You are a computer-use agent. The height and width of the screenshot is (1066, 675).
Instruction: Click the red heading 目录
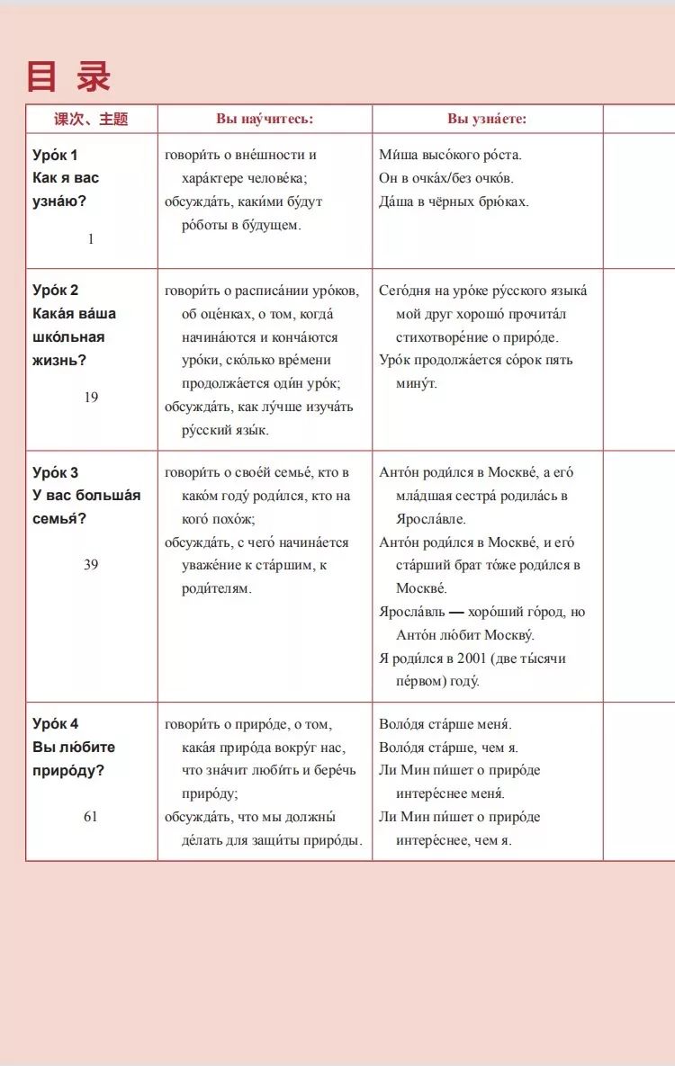coord(68,77)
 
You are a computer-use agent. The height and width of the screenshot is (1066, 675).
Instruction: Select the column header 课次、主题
coord(91,119)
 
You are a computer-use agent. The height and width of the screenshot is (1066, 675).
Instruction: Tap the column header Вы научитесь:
coord(265,119)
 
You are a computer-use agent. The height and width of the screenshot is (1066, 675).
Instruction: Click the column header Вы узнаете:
coord(487,119)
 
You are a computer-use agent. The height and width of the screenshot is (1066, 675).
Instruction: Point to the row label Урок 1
coord(55,155)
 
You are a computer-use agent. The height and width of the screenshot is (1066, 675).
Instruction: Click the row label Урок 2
coord(55,290)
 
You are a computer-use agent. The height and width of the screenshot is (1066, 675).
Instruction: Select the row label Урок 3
coord(55,472)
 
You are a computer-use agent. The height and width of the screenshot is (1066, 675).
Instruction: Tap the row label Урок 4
coord(55,723)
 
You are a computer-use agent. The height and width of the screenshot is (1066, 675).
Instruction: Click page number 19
coord(91,397)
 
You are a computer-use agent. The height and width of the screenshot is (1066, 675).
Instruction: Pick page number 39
coord(91,564)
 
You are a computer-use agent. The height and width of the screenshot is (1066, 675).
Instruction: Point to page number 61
coord(91,816)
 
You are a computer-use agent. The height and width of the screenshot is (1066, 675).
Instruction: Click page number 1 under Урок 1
coord(91,238)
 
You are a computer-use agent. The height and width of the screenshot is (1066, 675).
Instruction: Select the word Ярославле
coord(431,519)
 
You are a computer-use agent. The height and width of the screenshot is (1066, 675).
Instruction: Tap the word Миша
coord(395,155)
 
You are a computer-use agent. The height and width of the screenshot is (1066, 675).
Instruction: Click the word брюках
coord(505,202)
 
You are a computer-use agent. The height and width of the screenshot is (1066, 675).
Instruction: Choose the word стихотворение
coord(449,337)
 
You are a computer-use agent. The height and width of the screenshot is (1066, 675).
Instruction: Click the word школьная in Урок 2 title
coord(68,336)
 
